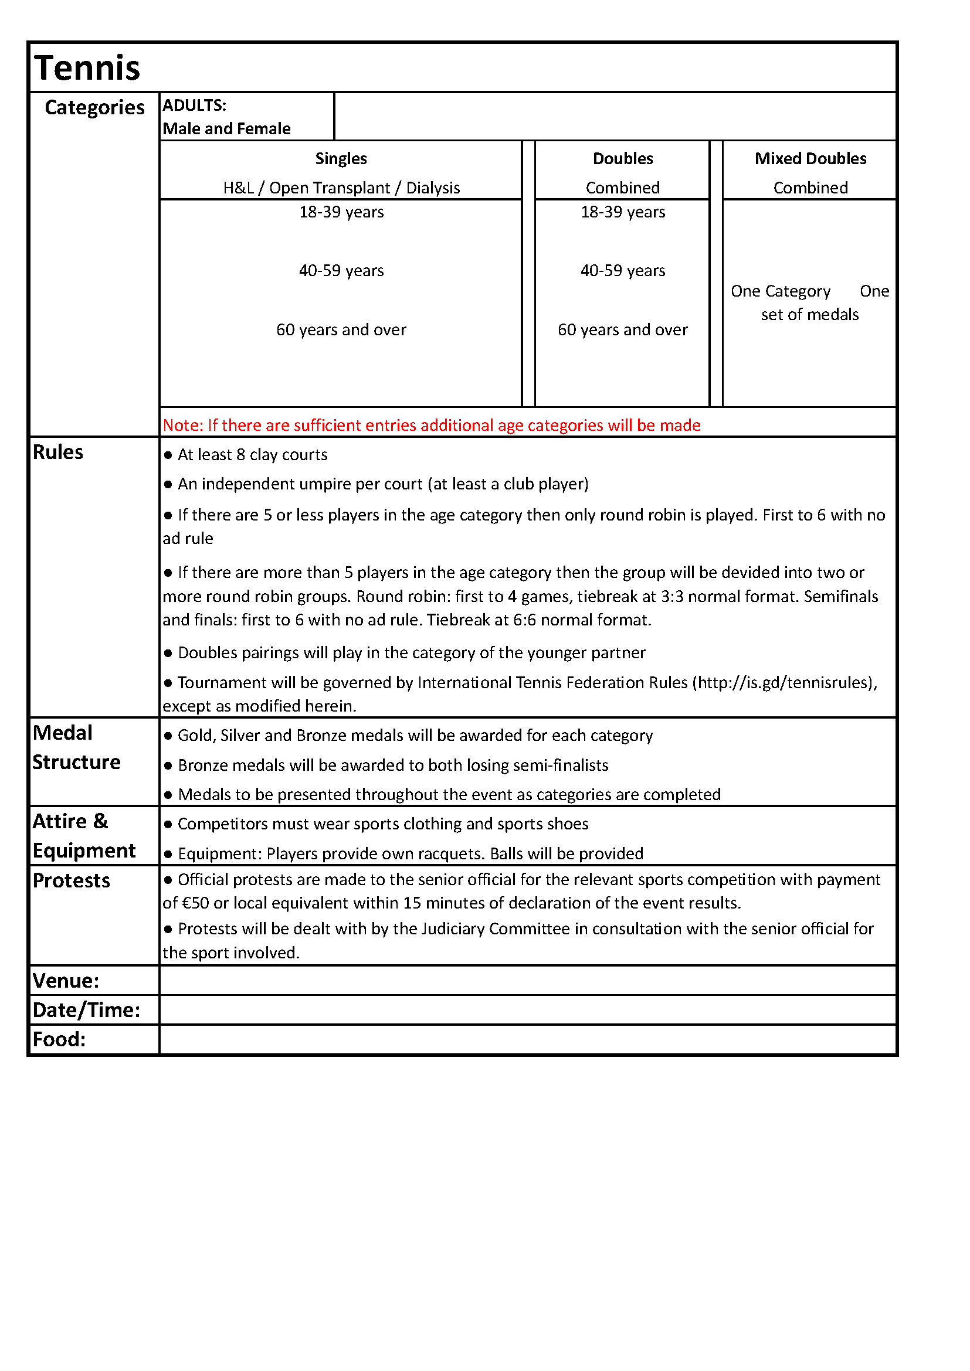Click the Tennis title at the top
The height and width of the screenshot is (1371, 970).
87,67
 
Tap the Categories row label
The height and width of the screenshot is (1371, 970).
94,107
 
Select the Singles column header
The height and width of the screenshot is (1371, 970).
341,159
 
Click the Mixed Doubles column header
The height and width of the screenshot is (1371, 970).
810,159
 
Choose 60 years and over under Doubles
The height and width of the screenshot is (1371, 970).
622,330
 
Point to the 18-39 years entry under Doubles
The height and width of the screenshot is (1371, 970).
622,213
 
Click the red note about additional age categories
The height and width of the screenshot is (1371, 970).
431,425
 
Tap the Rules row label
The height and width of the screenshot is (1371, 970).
58,453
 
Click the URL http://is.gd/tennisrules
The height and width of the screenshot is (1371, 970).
784,682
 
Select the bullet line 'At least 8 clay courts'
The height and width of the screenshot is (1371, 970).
252,455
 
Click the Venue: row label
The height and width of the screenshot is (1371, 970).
66,981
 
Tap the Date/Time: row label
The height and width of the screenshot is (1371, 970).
86,1010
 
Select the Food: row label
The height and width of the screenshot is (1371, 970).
59,1040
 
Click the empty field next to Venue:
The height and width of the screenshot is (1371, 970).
527,981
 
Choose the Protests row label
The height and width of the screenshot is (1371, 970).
71,881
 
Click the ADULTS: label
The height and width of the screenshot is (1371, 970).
194,106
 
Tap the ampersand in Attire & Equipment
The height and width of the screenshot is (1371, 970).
100,822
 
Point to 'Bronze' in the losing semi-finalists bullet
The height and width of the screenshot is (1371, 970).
202,766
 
